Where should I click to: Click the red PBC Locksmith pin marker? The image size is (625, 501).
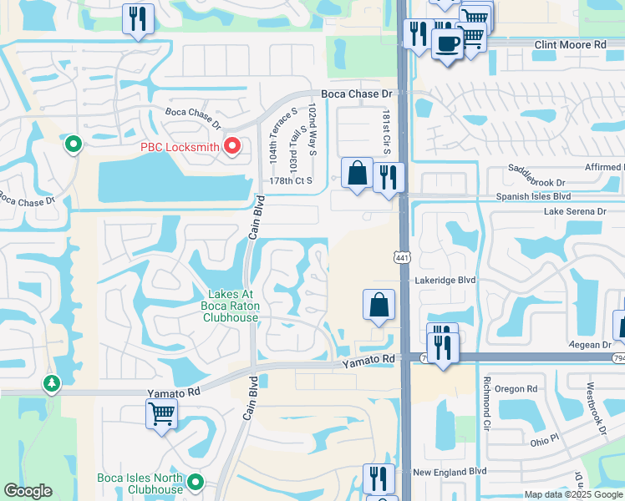[233, 148]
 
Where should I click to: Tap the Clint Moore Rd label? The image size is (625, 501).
[570, 44]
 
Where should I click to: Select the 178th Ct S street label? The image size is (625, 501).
[290, 180]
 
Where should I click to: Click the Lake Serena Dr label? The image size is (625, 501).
[575, 212]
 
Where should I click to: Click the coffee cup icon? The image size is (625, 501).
[448, 43]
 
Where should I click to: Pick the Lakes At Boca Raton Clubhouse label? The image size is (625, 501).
[233, 306]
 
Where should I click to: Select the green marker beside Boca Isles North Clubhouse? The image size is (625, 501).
[196, 482]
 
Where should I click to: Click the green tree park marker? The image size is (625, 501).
[53, 383]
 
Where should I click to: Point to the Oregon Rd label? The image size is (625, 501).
[515, 389]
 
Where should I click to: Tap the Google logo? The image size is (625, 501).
[28, 491]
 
